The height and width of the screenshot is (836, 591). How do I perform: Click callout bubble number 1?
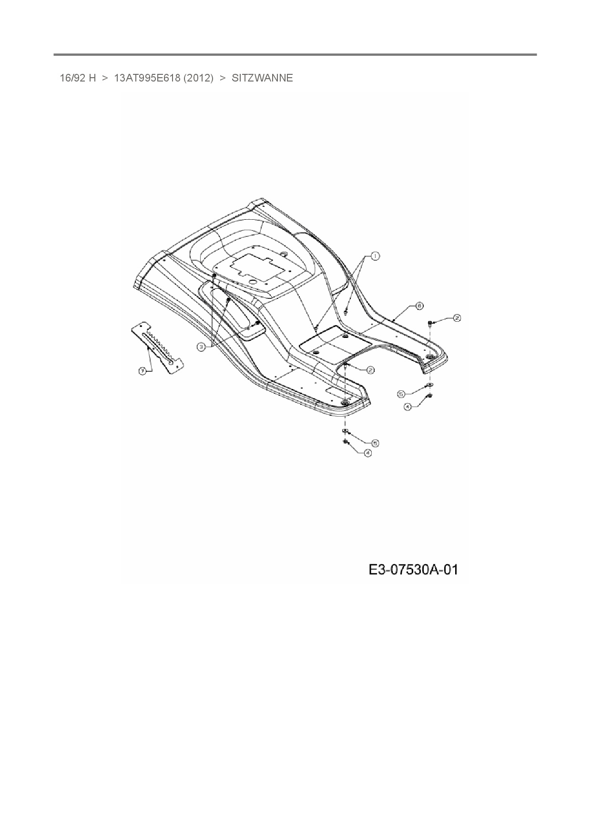375,256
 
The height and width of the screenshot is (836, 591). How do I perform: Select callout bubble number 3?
201,347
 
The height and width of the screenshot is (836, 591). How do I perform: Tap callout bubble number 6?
419,306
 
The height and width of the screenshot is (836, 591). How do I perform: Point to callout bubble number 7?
142,371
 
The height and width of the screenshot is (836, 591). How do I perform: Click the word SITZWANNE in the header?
262,78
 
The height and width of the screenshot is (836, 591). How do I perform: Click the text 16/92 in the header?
72,78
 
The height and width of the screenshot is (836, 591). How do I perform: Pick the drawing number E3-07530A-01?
413,569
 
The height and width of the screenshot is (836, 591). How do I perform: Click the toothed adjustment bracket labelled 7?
158,344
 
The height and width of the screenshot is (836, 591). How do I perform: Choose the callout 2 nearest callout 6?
457,317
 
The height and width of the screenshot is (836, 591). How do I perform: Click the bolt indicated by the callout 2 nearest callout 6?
430,323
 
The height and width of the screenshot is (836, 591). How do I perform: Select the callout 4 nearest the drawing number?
367,453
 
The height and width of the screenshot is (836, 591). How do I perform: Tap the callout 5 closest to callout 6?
401,394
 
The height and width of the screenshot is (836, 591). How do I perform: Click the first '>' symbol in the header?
105,78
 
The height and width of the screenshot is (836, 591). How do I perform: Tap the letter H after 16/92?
92,78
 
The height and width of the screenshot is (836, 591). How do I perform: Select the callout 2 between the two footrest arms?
370,369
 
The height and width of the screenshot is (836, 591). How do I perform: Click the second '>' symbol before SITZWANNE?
222,78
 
